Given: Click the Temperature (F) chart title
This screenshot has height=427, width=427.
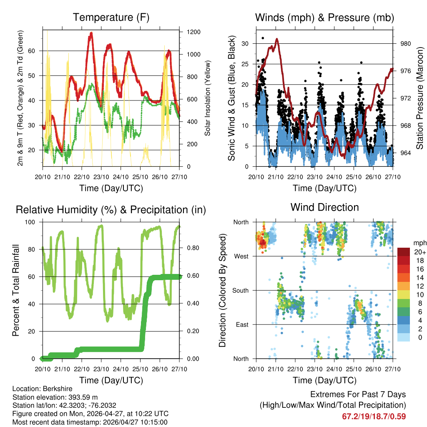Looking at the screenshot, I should [111, 18].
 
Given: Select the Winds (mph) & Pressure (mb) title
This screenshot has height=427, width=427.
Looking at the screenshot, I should [324, 18].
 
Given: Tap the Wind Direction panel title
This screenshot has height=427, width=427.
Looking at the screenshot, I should [324, 207].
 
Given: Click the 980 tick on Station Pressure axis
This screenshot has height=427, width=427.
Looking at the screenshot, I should [406, 43].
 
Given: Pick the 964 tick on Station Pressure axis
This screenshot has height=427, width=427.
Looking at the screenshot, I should [406, 153].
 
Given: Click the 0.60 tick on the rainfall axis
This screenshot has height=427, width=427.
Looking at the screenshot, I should [190, 276].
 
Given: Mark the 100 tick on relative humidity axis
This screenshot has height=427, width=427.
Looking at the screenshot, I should [34, 222].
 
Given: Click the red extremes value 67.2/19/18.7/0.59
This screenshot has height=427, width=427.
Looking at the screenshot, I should [374, 416].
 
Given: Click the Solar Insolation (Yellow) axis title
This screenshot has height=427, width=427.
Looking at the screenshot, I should [207, 98].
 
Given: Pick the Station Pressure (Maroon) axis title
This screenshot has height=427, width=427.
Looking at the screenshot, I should [420, 98].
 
